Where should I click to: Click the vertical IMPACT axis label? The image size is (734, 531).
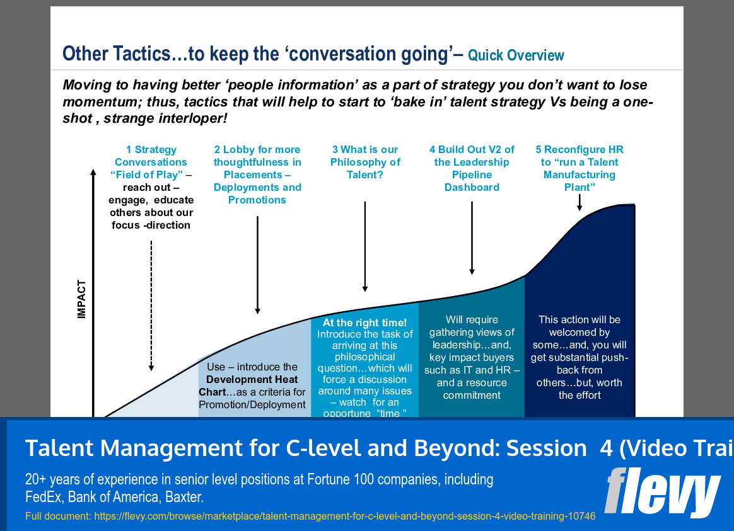(x=81, y=299)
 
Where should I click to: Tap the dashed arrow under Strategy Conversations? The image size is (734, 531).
(x=151, y=305)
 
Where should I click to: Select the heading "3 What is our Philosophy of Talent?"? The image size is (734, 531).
(x=365, y=162)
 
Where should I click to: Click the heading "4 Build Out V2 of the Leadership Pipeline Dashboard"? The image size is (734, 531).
(x=472, y=168)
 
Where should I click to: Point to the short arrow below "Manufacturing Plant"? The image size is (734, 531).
(x=580, y=202)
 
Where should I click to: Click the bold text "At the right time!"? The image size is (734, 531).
(x=365, y=323)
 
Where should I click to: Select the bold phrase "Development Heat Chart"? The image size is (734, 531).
(x=252, y=385)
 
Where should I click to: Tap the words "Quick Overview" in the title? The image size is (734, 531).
(x=516, y=55)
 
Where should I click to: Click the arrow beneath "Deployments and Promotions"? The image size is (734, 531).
(x=257, y=265)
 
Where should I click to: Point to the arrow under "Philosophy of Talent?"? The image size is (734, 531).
(x=365, y=246)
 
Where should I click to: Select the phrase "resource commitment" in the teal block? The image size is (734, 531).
(x=473, y=389)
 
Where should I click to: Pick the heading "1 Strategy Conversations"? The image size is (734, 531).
(x=151, y=156)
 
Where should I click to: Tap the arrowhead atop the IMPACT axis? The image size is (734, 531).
(x=94, y=174)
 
